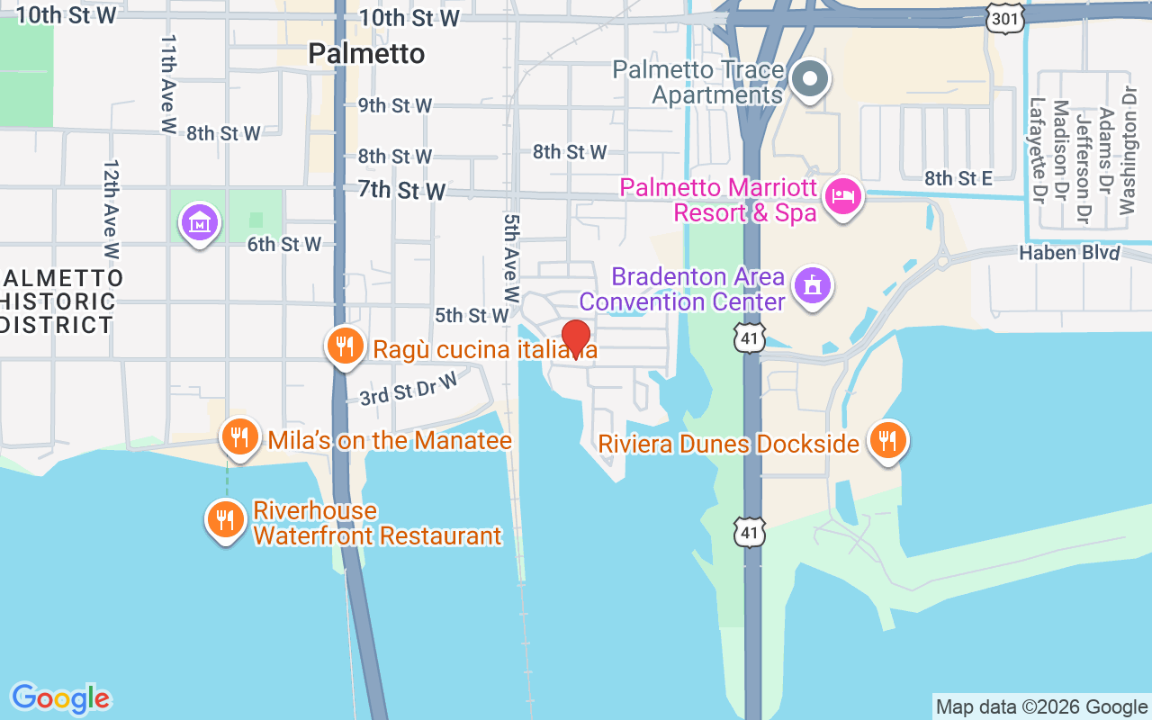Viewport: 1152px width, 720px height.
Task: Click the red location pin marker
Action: click(575, 338)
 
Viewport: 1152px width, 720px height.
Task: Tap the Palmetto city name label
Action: click(366, 54)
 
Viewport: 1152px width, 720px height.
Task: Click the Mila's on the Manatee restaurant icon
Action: click(238, 437)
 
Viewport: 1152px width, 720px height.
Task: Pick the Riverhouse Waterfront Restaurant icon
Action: click(225, 519)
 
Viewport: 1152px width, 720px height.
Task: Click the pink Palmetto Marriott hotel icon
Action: click(843, 196)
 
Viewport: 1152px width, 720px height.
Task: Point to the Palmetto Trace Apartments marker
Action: click(810, 79)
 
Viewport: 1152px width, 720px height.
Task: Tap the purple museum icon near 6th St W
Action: click(200, 221)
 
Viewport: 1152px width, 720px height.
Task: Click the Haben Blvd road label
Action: click(1069, 254)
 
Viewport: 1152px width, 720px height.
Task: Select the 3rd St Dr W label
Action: click(409, 389)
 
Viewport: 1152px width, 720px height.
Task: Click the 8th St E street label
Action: click(958, 179)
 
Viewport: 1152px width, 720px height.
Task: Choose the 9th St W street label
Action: click(395, 105)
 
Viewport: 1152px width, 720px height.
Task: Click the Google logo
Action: click(60, 698)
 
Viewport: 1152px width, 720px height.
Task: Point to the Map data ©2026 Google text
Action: click(1041, 707)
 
